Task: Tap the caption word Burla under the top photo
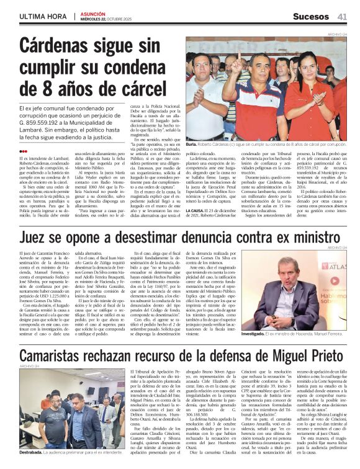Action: pyautogui.click(x=193, y=143)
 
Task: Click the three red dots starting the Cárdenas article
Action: pyautogui.click(x=23, y=150)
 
